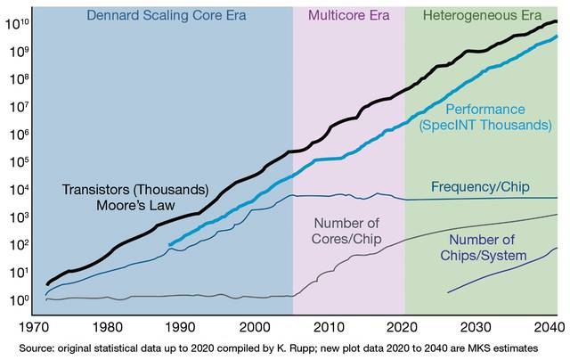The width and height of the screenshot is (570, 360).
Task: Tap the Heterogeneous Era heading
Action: (x=483, y=15)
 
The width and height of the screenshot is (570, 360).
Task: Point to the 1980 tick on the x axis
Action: (x=108, y=325)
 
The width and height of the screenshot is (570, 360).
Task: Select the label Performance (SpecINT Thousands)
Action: (x=485, y=118)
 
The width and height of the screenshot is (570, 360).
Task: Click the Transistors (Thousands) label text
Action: (x=135, y=191)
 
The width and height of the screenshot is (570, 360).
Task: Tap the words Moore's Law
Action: (x=135, y=207)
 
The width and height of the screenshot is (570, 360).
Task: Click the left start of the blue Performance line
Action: (x=169, y=243)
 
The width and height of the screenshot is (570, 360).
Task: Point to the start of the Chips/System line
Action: (x=447, y=291)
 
